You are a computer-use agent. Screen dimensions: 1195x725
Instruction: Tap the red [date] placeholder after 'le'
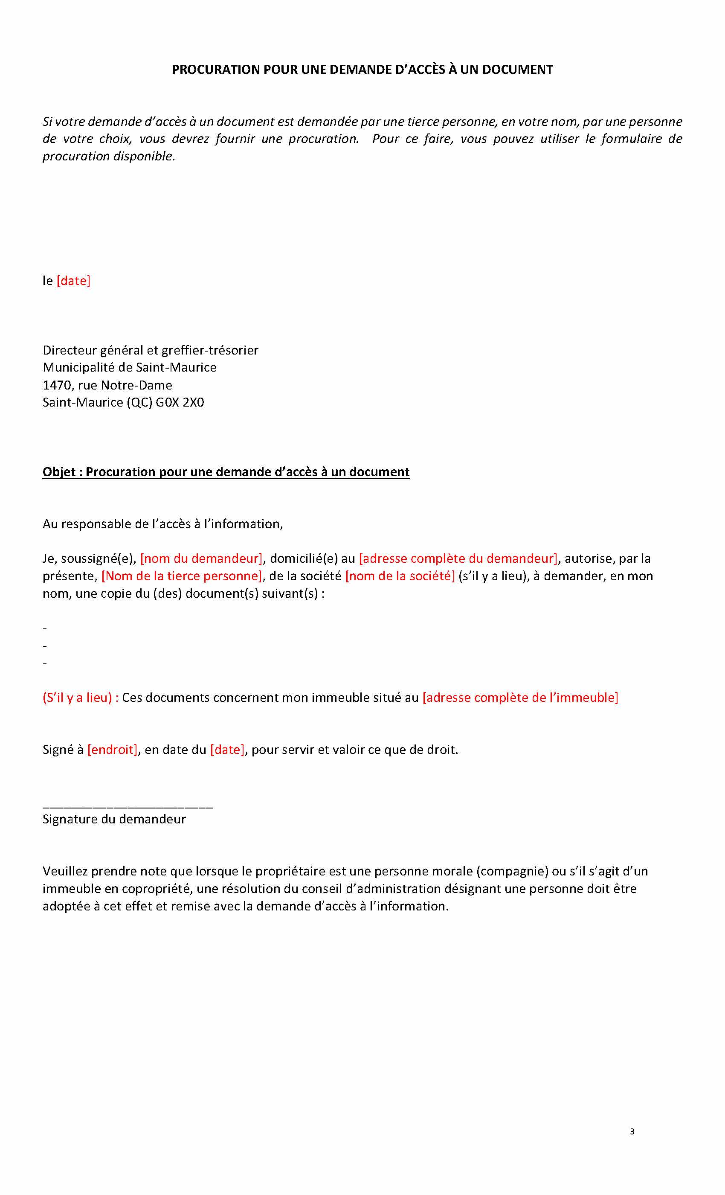[73, 281]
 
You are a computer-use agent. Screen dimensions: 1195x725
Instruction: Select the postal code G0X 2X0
[180, 403]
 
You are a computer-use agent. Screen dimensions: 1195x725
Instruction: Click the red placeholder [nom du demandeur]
[201, 559]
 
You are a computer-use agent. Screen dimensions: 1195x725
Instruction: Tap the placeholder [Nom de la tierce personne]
[182, 576]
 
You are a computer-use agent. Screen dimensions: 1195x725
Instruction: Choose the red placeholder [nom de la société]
[400, 576]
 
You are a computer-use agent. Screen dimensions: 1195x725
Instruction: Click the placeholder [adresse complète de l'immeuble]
[520, 698]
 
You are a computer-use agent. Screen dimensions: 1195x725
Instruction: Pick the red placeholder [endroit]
[113, 750]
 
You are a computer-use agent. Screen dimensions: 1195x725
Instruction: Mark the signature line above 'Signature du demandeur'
[128, 808]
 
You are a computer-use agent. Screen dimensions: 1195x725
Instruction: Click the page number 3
[632, 1132]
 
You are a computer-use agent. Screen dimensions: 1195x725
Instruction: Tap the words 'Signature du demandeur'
[114, 820]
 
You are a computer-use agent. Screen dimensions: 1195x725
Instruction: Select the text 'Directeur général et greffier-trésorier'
[151, 351]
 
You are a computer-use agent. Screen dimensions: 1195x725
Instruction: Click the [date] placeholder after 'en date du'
[227, 750]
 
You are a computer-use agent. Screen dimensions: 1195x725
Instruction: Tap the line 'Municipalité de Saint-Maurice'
[130, 368]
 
